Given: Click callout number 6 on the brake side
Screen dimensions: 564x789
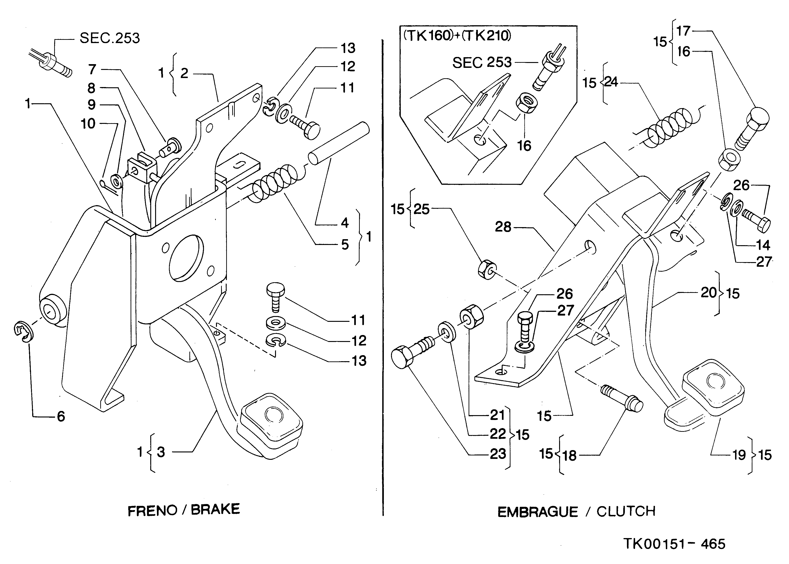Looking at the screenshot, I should click(61, 416).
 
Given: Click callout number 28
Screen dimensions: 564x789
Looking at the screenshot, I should click(503, 227).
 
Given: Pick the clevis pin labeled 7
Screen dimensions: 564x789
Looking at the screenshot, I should click(170, 147).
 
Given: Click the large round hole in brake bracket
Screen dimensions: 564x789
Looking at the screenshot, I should click(185, 257).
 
